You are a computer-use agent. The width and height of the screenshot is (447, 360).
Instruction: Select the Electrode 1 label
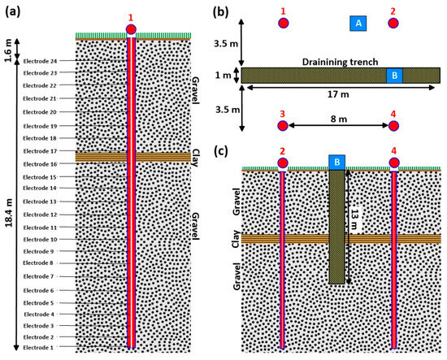point(40,348)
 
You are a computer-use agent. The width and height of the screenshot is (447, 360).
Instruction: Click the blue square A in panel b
point(357,24)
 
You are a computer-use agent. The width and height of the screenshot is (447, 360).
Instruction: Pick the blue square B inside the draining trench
point(394,76)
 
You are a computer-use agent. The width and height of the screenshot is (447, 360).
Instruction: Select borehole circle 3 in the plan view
point(283,126)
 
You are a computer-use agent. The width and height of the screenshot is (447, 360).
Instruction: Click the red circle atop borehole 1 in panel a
point(132,31)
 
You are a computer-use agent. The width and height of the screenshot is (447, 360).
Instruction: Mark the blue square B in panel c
point(337,162)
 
